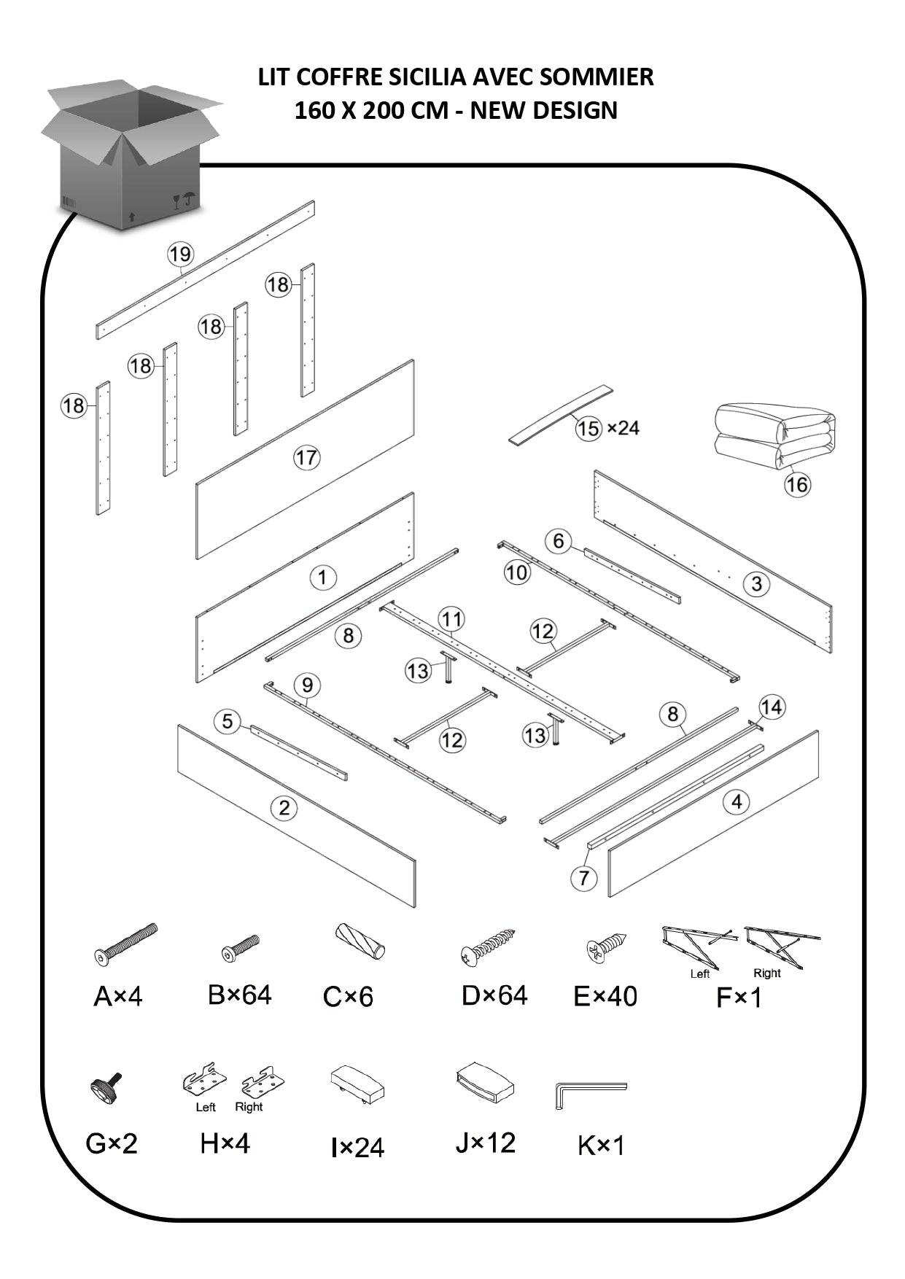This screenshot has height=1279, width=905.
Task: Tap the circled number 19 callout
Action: pyautogui.click(x=180, y=254)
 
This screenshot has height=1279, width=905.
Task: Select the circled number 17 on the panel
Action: pyautogui.click(x=306, y=458)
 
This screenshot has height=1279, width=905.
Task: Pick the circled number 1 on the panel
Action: pyautogui.click(x=322, y=578)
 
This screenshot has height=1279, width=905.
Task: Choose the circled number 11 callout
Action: pyautogui.click(x=451, y=620)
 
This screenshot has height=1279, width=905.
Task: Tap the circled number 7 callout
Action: pyautogui.click(x=583, y=878)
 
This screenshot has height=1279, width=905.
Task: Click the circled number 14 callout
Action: pyautogui.click(x=771, y=707)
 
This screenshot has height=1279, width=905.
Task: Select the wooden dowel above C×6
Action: pyautogui.click(x=360, y=941)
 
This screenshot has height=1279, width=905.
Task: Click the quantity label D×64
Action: pyautogui.click(x=494, y=995)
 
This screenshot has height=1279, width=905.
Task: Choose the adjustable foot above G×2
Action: pyautogui.click(x=106, y=1087)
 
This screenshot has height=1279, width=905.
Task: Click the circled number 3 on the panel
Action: pyautogui.click(x=756, y=583)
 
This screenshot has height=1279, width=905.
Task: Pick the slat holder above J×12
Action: pyautogui.click(x=485, y=1081)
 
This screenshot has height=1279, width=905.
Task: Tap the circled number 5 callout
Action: pyautogui.click(x=228, y=721)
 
